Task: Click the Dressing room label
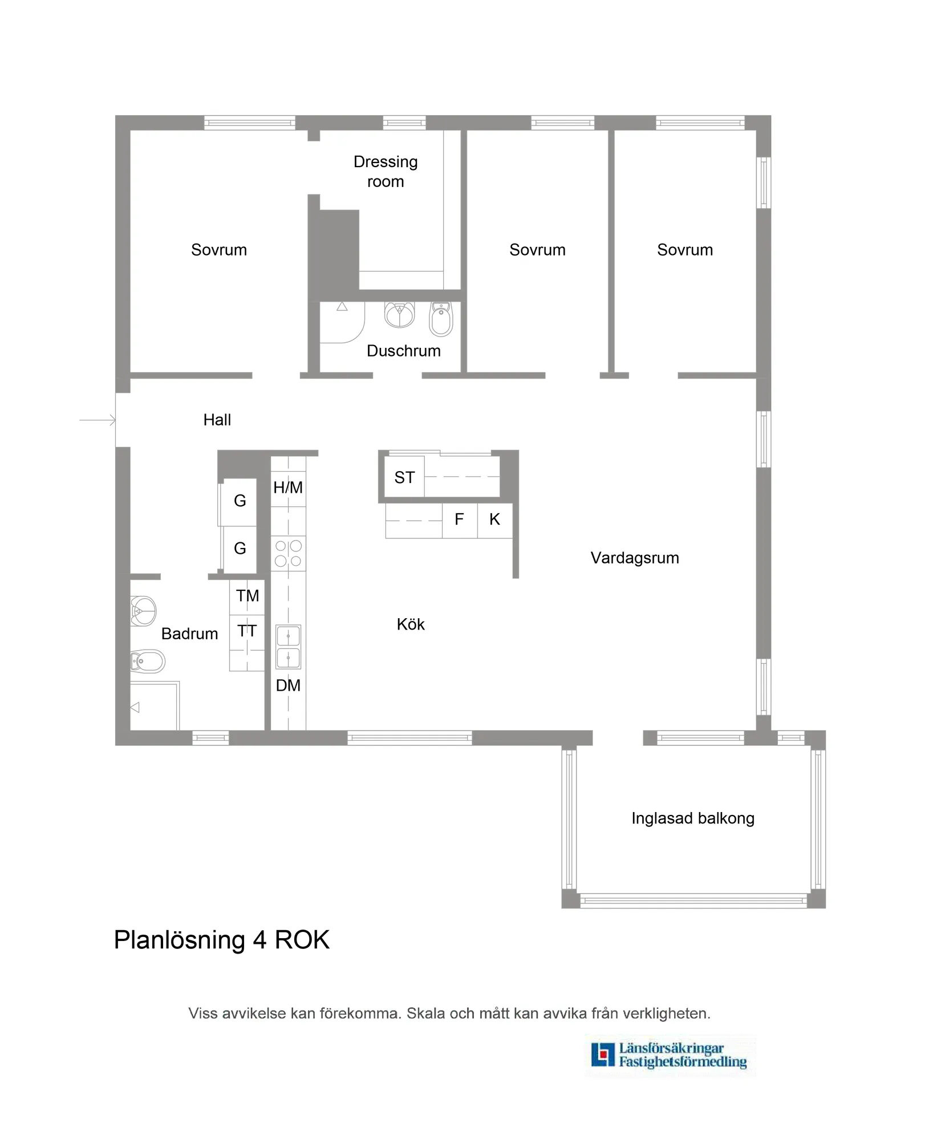pos(386,172)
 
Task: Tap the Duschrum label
pos(403,351)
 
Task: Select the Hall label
pos(217,420)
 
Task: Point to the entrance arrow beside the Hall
pos(98,421)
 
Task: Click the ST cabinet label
pos(404,477)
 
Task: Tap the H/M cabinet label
pos(288,488)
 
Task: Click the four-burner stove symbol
pos(288,553)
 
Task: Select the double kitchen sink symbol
pos(288,647)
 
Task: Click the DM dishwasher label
pos(288,685)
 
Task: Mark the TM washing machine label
pos(248,596)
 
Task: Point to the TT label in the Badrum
pos(247,631)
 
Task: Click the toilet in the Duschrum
pos(441,319)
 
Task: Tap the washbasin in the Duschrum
pos(399,315)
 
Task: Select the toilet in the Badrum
pos(147,662)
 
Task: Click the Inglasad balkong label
pos(692,818)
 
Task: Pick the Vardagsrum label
pos(634,558)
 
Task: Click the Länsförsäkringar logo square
pos(603,1055)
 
